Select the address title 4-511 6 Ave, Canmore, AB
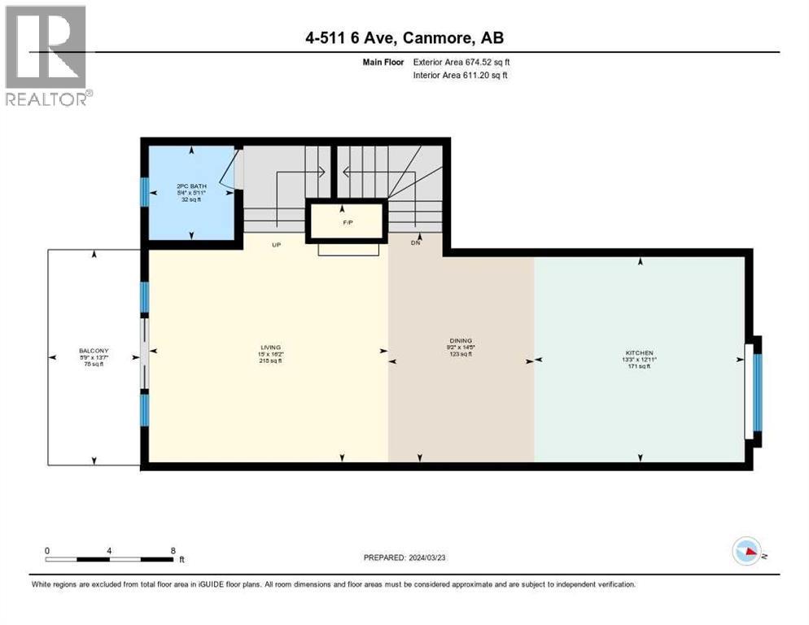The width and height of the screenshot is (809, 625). (404, 38)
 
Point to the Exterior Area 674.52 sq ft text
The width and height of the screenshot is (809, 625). (461, 61)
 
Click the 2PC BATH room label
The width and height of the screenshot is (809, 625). (192, 186)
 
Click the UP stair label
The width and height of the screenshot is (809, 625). (276, 244)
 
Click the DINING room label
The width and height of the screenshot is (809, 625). (461, 341)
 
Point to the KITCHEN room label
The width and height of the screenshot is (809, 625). (640, 353)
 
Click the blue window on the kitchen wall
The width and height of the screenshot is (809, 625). (758, 391)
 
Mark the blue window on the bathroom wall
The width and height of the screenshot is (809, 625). (144, 192)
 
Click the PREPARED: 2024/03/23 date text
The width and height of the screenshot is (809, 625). (404, 558)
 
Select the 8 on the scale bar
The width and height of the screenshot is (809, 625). (173, 550)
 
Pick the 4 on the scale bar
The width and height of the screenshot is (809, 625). (109, 550)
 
